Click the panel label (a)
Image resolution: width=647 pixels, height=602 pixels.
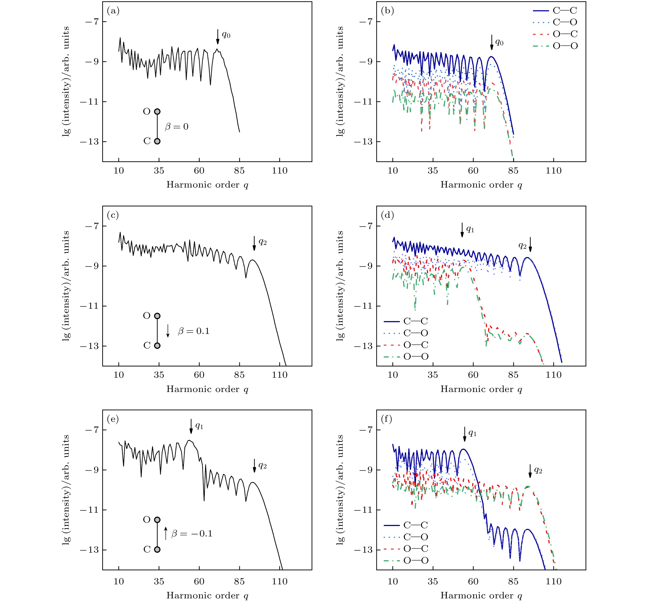point(113,11)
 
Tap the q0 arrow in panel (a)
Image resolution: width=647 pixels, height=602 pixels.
point(218,37)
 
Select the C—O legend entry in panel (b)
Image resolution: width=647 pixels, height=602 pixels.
point(555,22)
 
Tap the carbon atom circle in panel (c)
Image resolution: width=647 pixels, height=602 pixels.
point(157,346)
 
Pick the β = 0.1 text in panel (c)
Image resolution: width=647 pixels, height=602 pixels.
point(194,331)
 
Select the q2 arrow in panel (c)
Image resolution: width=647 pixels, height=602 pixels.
point(254,243)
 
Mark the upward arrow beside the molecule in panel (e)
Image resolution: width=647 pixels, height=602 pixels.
point(166,533)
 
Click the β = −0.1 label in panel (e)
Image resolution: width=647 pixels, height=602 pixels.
point(192,534)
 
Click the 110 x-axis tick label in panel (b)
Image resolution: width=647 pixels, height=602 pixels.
point(554,171)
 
